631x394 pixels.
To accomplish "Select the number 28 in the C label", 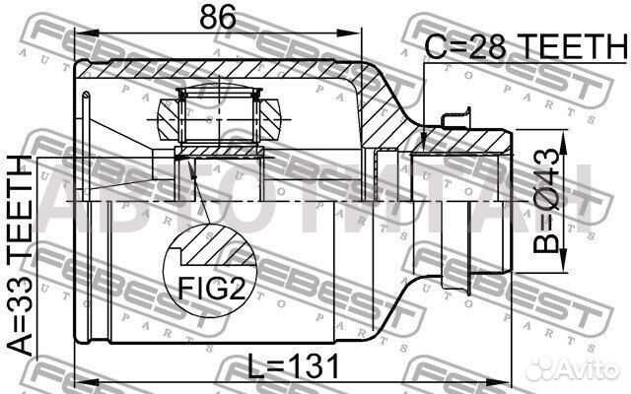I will click(489, 45).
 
